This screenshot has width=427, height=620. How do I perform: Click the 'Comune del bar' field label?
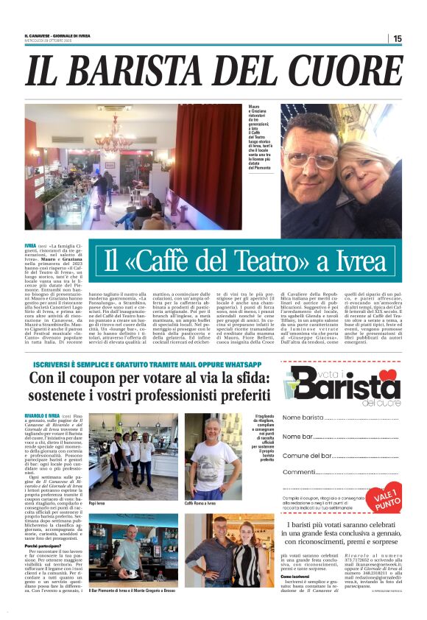(x=308, y=456)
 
